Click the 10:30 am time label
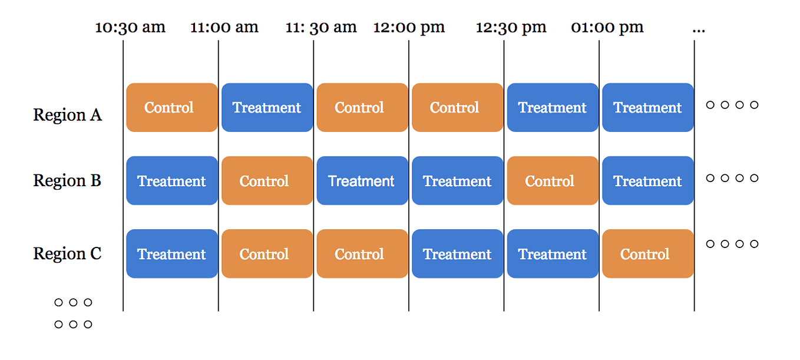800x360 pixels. (x=130, y=28)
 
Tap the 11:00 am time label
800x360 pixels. (x=224, y=28)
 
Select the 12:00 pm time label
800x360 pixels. (x=409, y=28)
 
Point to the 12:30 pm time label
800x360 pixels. (x=511, y=28)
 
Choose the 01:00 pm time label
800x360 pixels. (x=607, y=28)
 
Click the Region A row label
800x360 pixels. (x=67, y=115)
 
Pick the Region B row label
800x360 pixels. (x=67, y=180)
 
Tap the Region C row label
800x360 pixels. (x=67, y=254)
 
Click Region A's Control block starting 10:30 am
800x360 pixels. (x=171, y=107)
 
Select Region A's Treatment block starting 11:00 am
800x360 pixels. (x=267, y=107)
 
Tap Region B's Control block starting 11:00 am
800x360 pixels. (x=267, y=180)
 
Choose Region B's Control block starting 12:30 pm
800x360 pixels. (x=552, y=180)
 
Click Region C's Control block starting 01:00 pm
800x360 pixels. (x=647, y=254)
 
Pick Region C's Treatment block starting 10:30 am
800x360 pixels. (x=171, y=254)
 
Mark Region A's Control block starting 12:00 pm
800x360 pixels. (x=457, y=107)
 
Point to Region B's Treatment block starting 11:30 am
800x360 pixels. (x=362, y=180)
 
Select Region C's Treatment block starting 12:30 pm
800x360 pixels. (x=552, y=254)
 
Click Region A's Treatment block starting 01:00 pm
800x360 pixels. (x=647, y=107)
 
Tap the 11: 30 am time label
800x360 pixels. (x=321, y=28)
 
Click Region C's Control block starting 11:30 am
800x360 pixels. (x=362, y=254)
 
